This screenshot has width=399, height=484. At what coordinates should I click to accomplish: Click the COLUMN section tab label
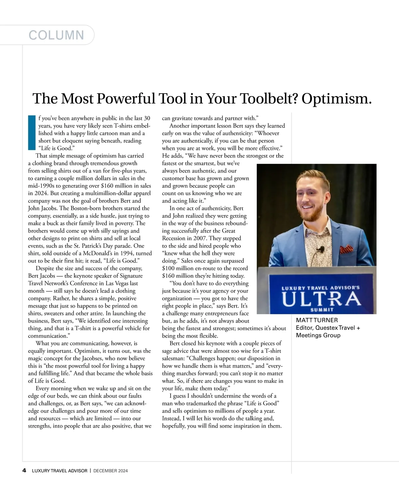[56, 35]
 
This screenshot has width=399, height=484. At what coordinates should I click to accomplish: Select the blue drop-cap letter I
[32, 132]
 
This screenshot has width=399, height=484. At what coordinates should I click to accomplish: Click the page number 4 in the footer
[24, 470]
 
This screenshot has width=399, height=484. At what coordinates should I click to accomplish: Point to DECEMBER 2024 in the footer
[111, 471]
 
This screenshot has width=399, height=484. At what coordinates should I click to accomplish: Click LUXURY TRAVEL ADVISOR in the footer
[60, 471]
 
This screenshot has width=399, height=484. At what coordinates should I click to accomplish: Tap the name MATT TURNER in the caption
[317, 320]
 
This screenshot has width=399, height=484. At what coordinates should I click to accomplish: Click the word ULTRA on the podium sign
[321, 299]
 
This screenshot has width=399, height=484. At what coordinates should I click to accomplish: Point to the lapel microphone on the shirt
[321, 249]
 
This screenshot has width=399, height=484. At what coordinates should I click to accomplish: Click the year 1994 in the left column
[127, 253]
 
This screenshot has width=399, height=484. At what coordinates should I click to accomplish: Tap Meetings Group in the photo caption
[318, 335]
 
